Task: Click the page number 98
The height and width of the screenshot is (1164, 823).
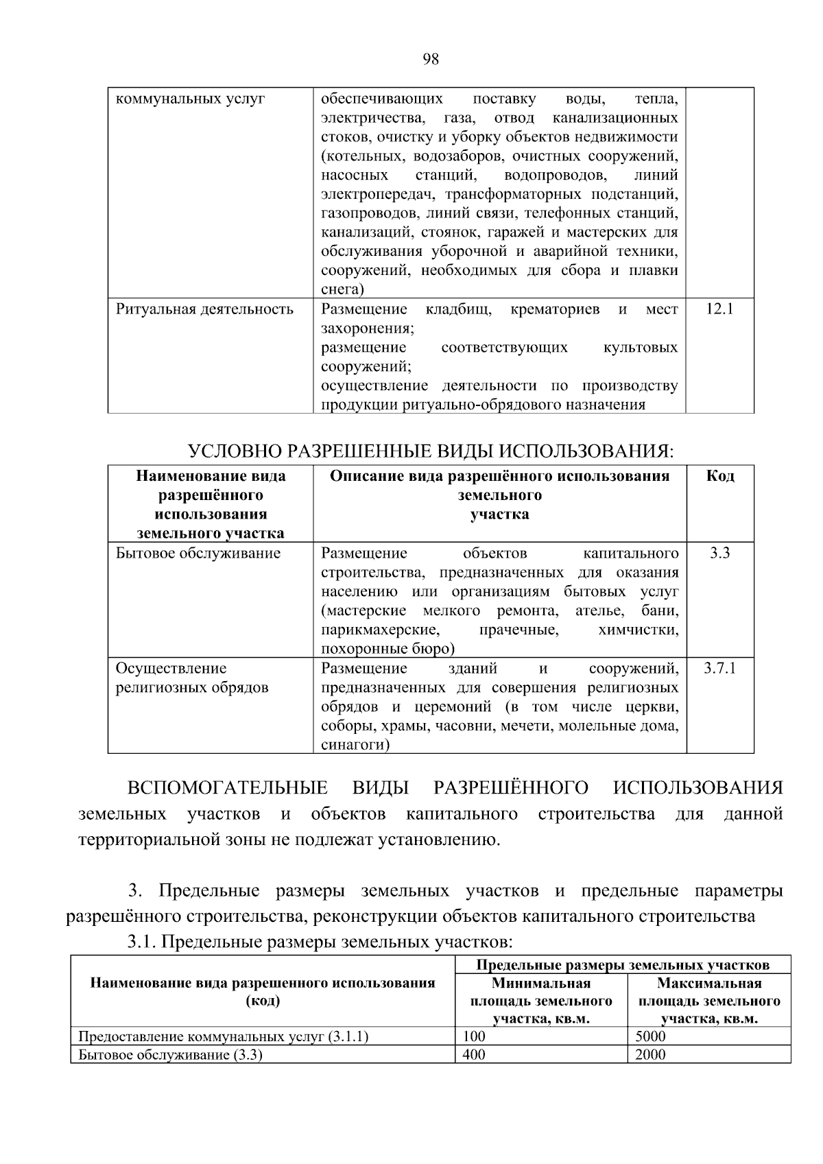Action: [430, 59]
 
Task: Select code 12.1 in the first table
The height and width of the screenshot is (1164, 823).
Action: [719, 309]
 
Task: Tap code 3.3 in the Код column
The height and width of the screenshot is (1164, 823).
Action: [719, 553]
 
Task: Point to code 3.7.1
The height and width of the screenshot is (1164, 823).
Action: [719, 668]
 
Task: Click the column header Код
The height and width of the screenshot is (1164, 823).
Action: [720, 476]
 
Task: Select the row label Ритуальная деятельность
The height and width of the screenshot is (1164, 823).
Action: [204, 309]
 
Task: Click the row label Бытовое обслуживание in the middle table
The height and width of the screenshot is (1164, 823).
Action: [198, 553]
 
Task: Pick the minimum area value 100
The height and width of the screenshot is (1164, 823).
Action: [474, 1036]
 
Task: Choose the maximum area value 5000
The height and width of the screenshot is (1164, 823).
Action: [650, 1036]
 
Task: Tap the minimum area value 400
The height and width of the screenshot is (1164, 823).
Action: [474, 1055]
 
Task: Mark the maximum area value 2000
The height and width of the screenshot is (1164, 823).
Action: [650, 1055]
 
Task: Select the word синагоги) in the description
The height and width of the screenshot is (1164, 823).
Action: [355, 745]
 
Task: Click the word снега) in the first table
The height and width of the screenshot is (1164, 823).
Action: [342, 289]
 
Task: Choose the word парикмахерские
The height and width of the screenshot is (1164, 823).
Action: [380, 630]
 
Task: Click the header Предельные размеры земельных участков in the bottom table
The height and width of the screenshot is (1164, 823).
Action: [623, 965]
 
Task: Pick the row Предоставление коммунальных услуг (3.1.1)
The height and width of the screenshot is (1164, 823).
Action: [224, 1036]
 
